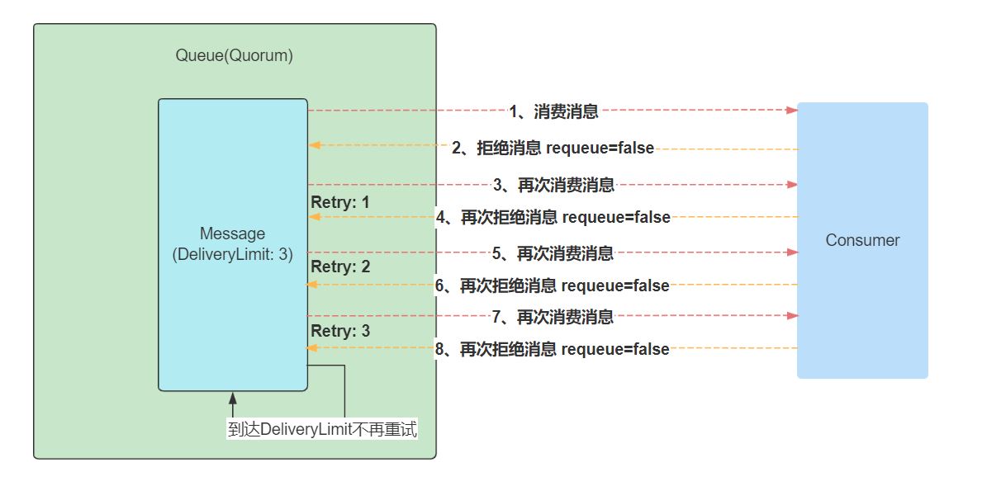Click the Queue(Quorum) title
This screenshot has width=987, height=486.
(x=235, y=56)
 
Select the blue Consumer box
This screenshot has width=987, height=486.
(x=862, y=240)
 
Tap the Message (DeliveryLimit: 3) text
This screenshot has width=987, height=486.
(x=233, y=244)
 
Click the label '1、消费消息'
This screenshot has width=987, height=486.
(x=553, y=111)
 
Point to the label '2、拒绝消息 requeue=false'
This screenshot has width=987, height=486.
(x=553, y=149)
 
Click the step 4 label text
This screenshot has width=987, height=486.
(x=553, y=218)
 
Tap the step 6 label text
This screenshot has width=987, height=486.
(x=552, y=285)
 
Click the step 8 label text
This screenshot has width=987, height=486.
(x=552, y=349)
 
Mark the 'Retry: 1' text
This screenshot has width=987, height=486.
(x=340, y=202)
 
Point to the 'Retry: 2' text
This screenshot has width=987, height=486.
(x=340, y=267)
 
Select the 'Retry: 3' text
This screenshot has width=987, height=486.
(x=340, y=331)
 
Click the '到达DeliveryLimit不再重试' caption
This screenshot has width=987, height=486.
(x=321, y=430)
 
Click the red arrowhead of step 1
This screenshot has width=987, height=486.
(x=793, y=110)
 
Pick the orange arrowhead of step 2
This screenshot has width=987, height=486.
(x=313, y=145)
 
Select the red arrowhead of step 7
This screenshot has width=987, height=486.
(x=793, y=316)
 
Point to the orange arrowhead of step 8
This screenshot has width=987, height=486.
(x=313, y=348)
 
